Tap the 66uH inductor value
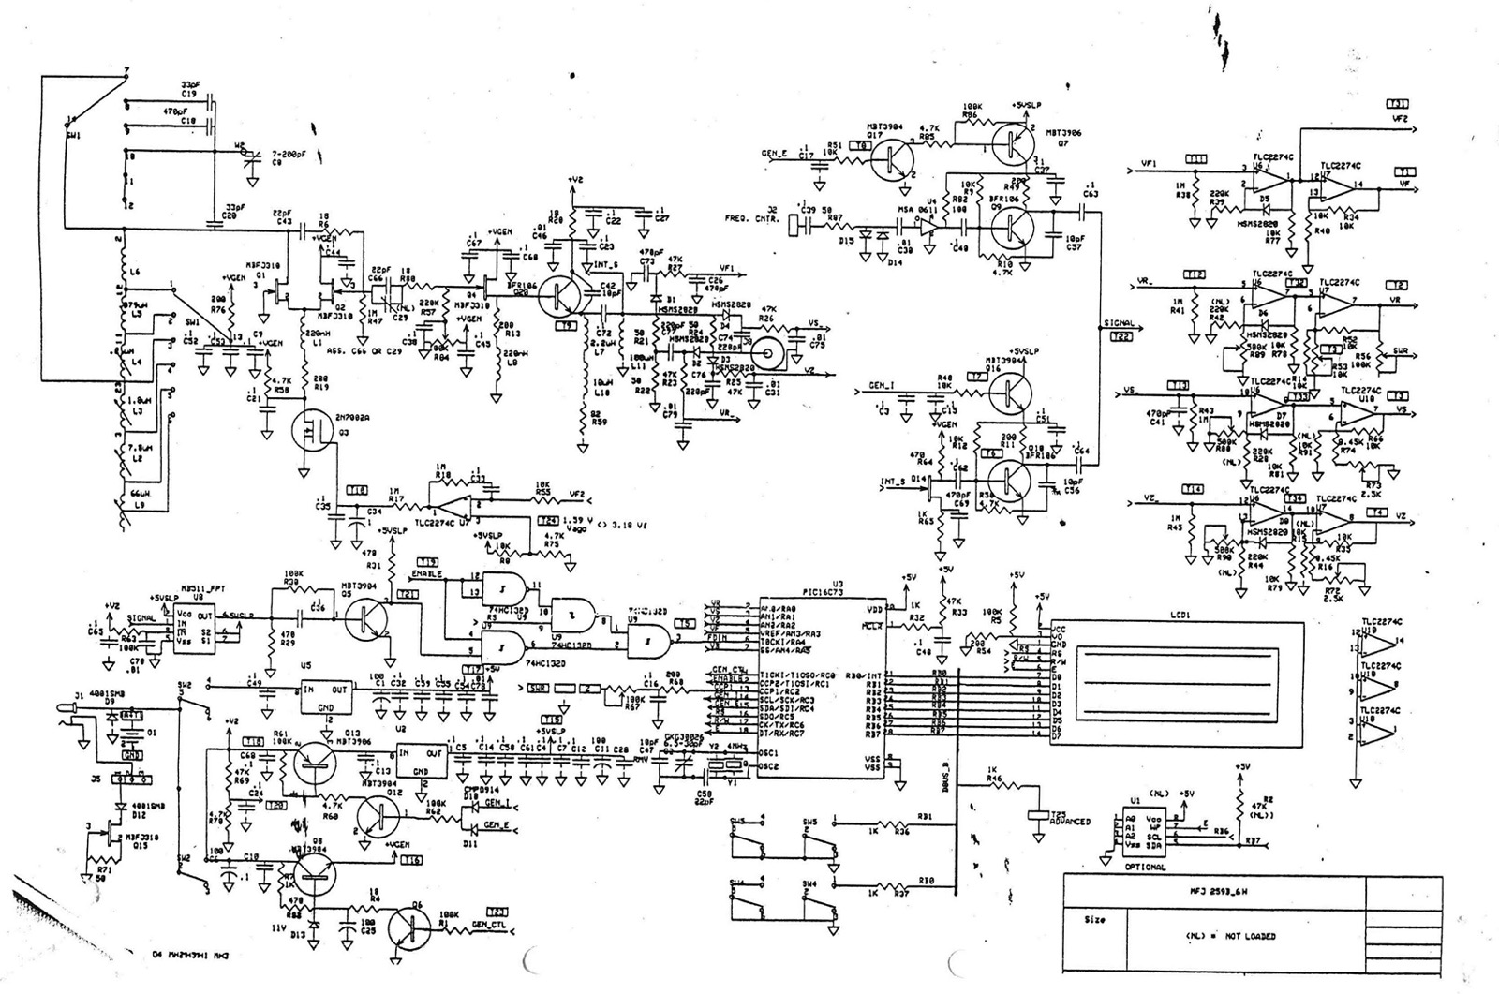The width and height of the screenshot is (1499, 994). [x=140, y=492]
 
